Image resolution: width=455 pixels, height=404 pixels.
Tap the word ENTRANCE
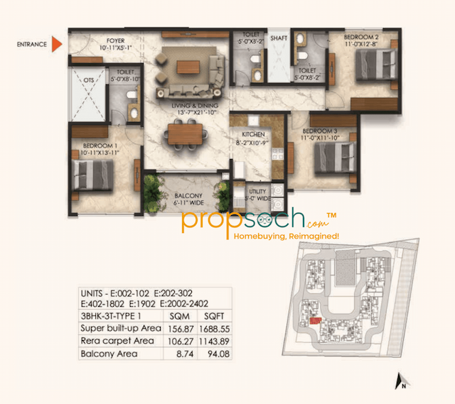(31, 45)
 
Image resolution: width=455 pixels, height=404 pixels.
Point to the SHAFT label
(278, 35)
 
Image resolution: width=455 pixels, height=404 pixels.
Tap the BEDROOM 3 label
(319, 131)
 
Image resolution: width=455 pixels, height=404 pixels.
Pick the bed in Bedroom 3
(334, 155)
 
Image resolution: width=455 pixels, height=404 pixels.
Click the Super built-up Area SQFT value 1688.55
(214, 329)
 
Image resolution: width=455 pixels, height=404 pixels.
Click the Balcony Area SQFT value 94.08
(214, 353)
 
